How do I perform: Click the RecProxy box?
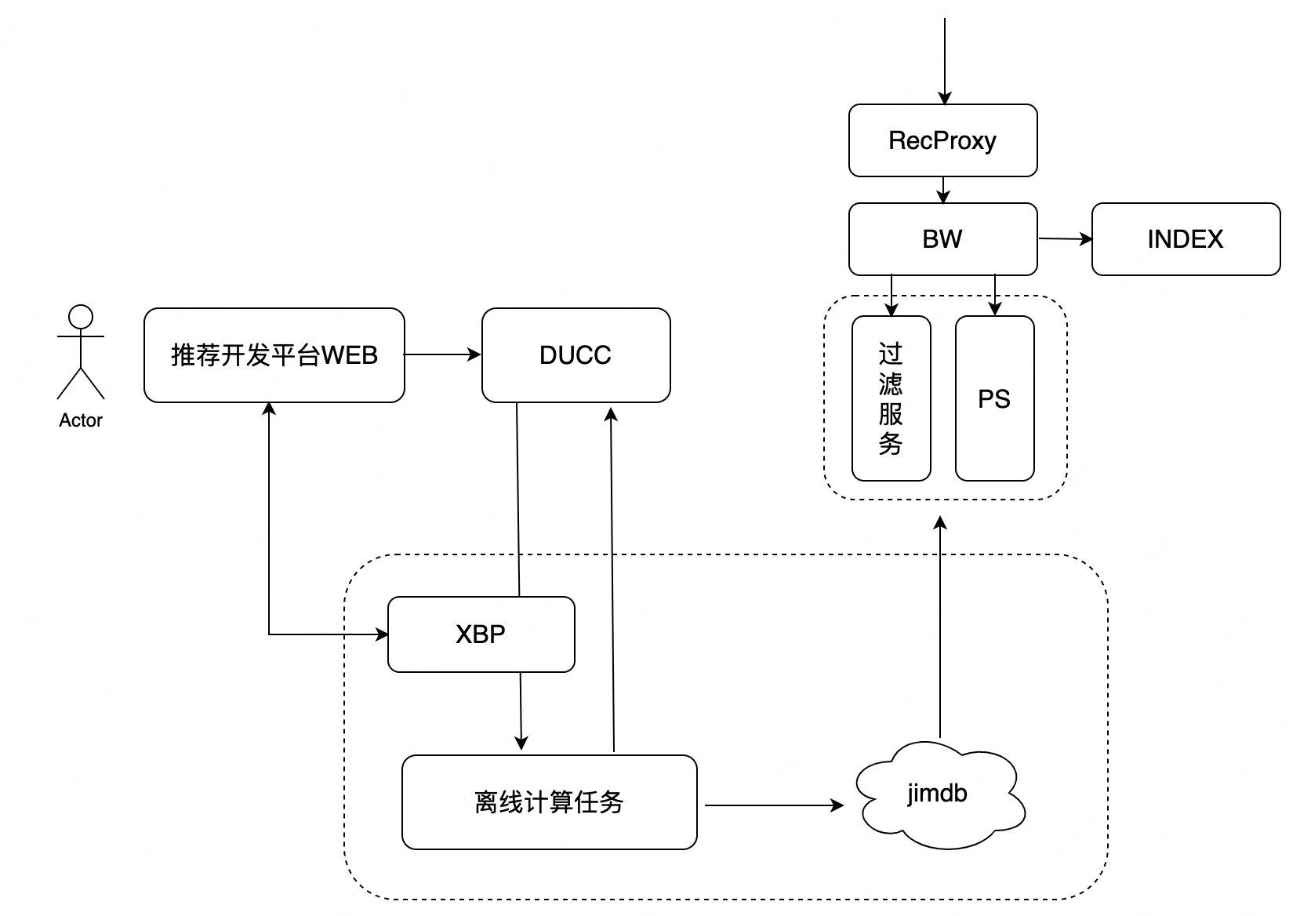[x=942, y=140]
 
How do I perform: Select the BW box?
[x=942, y=239]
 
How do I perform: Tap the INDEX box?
[x=1186, y=239]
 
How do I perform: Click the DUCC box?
[x=576, y=355]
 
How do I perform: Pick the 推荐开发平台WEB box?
[x=274, y=355]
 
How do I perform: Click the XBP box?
[x=481, y=634]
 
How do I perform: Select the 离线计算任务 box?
[x=549, y=802]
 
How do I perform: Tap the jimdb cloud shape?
[x=939, y=794]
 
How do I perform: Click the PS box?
[x=994, y=398]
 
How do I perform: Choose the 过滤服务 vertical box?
[x=891, y=398]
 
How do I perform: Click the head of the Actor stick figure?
[x=81, y=317]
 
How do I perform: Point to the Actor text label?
[x=81, y=420]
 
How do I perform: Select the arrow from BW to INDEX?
[x=1065, y=238]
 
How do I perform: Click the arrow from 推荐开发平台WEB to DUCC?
[x=442, y=354]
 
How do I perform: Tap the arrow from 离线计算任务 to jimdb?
[x=773, y=805]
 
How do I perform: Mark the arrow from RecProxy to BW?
[x=943, y=190]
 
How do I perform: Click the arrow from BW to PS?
[x=995, y=295]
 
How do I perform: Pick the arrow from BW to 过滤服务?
[x=891, y=295]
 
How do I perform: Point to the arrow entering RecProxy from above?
[x=944, y=63]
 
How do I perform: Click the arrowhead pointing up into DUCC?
[x=612, y=414]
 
